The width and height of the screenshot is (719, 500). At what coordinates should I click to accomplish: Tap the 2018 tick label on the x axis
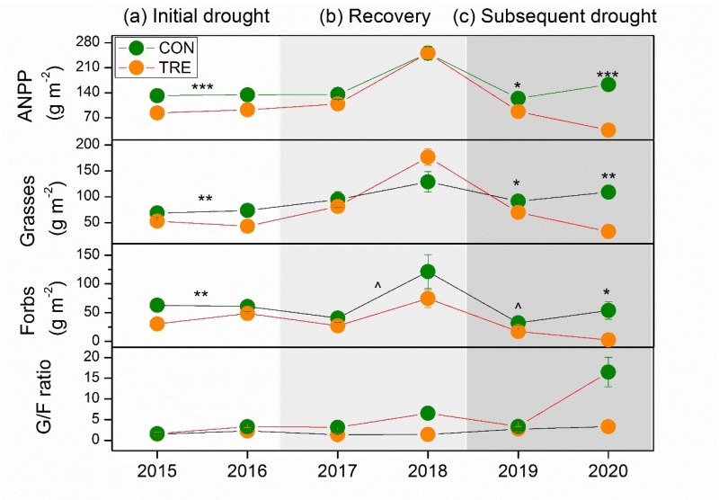428,470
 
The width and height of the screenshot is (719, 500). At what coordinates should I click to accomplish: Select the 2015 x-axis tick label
156,470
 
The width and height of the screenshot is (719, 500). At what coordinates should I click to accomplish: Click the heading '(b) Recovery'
376,16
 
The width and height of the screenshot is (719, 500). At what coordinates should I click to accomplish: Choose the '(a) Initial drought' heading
197,16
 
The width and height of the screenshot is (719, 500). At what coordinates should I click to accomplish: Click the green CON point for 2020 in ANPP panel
608,85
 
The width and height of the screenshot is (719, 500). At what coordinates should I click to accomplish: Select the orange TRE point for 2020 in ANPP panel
608,130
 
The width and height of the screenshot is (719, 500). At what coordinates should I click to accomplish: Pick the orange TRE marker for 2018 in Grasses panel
428,157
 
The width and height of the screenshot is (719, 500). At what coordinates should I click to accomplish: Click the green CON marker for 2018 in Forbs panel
428,272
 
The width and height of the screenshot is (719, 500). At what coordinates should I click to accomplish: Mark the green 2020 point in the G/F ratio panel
608,371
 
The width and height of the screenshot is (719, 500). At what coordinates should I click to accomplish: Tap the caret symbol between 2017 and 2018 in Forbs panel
378,286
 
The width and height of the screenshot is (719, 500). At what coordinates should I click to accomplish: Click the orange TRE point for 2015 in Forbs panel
156,324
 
